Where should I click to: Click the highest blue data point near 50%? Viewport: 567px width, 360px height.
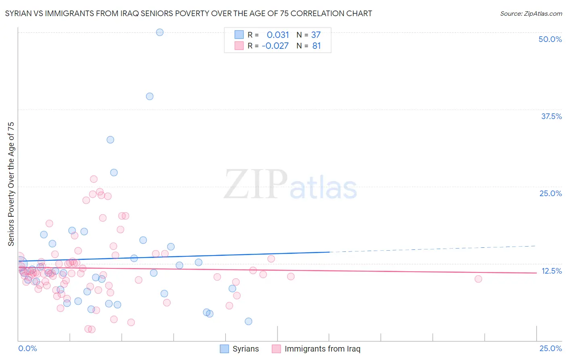160,32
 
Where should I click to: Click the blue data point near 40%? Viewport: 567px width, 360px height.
150,96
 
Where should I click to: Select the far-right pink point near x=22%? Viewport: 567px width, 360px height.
478,279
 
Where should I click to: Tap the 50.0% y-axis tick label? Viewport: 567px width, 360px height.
550,39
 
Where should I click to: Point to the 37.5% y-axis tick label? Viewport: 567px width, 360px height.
551,116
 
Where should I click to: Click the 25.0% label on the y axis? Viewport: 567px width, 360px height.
550,193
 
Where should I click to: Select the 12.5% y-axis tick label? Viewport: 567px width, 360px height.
551,271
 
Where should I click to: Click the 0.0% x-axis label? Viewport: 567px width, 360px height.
27,348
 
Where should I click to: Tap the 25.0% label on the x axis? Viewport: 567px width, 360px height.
550,348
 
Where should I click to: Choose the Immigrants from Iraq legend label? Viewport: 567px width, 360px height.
322,349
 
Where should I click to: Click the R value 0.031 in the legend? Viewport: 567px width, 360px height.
278,35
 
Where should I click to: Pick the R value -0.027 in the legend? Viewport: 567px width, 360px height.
275,46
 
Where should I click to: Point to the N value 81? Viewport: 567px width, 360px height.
317,46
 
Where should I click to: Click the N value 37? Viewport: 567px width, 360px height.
316,35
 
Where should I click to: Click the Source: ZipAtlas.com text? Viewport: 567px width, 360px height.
531,14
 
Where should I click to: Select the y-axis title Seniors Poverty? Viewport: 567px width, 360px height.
11,184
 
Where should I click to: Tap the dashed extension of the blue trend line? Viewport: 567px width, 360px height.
432,249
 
